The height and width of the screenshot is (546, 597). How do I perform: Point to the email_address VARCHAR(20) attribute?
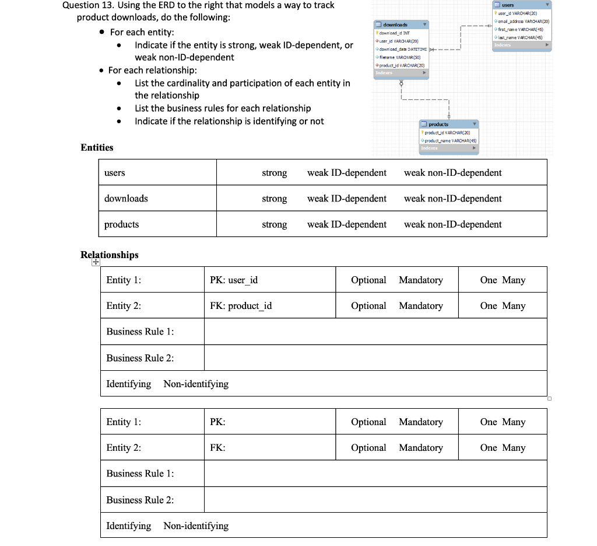(522, 22)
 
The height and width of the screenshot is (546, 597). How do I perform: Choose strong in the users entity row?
(274, 173)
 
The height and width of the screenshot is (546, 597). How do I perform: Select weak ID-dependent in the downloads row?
(346, 199)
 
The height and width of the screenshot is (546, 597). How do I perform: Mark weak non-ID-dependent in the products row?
(452, 224)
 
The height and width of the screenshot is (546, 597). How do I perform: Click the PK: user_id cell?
(234, 280)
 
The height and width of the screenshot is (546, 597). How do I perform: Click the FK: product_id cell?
(241, 306)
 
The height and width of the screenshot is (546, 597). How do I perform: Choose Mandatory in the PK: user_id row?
(420, 280)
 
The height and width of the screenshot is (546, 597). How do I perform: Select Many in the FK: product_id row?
(514, 306)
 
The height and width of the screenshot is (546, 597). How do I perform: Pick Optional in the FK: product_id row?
(368, 306)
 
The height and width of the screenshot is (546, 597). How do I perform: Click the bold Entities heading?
(97, 148)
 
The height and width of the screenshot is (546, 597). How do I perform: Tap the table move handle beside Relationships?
(95, 263)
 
